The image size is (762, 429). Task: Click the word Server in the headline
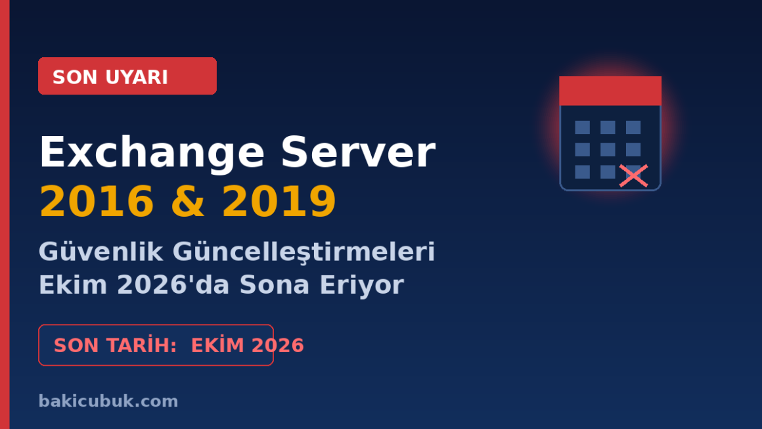pos(358,152)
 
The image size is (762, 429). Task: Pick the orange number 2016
pos(97,201)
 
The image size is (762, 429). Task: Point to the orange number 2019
pos(279,201)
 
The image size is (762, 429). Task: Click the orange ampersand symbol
pos(188,201)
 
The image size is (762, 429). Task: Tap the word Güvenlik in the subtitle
pos(101,252)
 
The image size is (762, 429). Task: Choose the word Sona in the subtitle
pos(274,284)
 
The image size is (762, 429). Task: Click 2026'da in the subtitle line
pos(173,284)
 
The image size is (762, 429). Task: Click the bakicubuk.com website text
pos(108,401)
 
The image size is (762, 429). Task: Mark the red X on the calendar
pos(634,176)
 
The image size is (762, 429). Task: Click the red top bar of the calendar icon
pos(610,91)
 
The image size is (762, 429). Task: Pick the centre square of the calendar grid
pos(608,150)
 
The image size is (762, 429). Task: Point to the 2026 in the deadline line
pos(278,346)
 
